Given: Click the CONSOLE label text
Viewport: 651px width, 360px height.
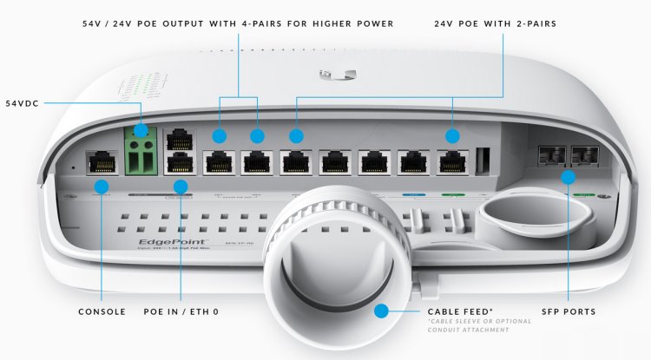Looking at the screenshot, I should click(102, 311).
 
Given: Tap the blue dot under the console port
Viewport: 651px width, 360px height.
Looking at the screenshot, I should click(102, 186).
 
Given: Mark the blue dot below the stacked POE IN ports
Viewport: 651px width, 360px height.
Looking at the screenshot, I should click(180, 186).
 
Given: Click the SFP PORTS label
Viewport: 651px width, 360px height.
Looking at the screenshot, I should click(568, 311).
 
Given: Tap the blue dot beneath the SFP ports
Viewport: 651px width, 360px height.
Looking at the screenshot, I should click(568, 177).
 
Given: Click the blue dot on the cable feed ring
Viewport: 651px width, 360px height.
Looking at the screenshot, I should click(380, 311).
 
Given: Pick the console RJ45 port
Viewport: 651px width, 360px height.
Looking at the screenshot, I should click(101, 161).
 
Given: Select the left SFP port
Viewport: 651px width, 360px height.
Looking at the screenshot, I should click(550, 154).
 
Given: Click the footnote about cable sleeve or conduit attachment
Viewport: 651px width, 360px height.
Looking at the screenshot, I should click(480, 328).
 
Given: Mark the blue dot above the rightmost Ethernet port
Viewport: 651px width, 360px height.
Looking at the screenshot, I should click(451, 135).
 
